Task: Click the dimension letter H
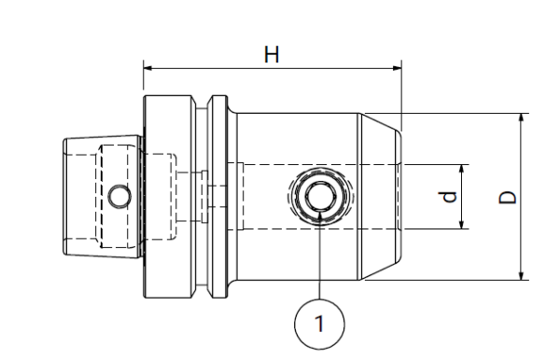(x=271, y=55)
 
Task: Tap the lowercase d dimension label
(x=449, y=197)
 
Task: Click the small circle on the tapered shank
(x=118, y=197)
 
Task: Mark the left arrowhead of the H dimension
(x=148, y=67)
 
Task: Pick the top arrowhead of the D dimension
(x=522, y=118)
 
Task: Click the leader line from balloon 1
(x=319, y=261)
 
